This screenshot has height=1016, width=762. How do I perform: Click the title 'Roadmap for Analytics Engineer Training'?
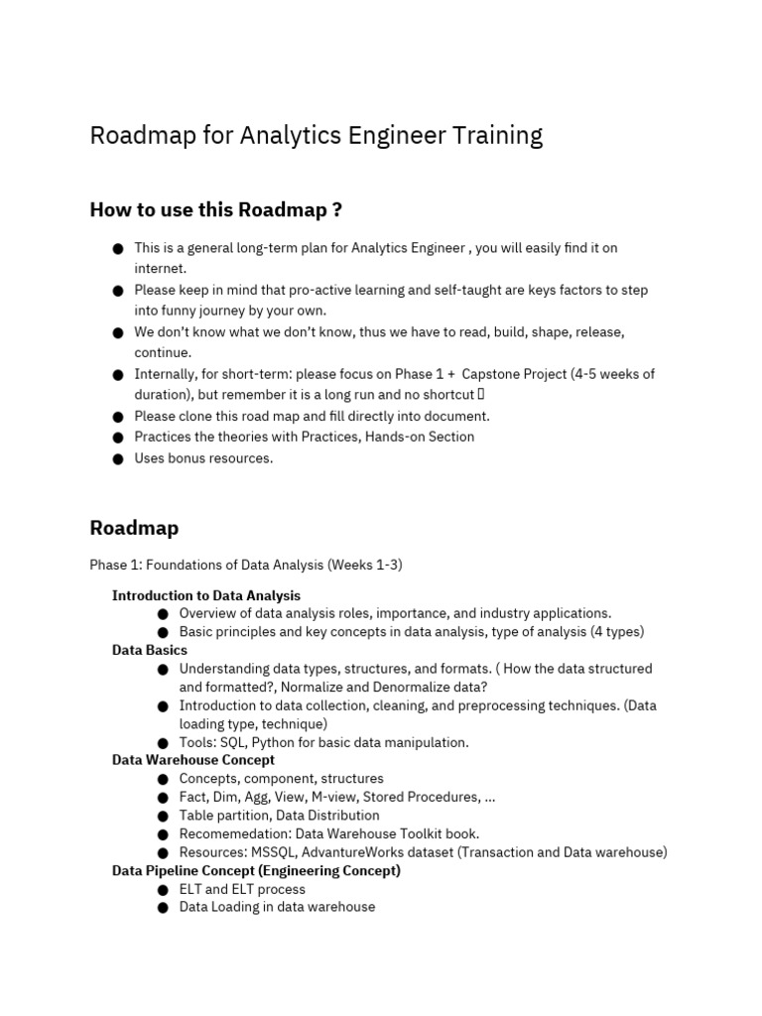(x=316, y=136)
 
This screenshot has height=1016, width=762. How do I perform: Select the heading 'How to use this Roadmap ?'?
(x=215, y=209)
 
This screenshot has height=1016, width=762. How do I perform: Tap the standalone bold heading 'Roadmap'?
(x=134, y=527)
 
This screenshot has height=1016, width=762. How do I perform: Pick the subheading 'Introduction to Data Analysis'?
(x=205, y=595)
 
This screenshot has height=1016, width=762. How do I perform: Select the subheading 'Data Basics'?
(x=150, y=650)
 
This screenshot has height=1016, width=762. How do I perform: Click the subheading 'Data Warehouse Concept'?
(x=193, y=760)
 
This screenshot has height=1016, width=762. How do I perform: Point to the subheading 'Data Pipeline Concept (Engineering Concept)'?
(x=256, y=870)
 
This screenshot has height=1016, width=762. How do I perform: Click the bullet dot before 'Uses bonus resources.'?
(x=118, y=458)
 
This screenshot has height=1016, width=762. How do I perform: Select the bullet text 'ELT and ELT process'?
(x=242, y=889)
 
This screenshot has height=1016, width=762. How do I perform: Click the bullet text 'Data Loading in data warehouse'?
(x=277, y=907)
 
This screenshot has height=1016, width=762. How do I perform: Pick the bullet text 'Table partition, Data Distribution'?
(x=279, y=816)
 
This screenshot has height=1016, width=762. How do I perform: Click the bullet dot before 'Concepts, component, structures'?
(x=163, y=779)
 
